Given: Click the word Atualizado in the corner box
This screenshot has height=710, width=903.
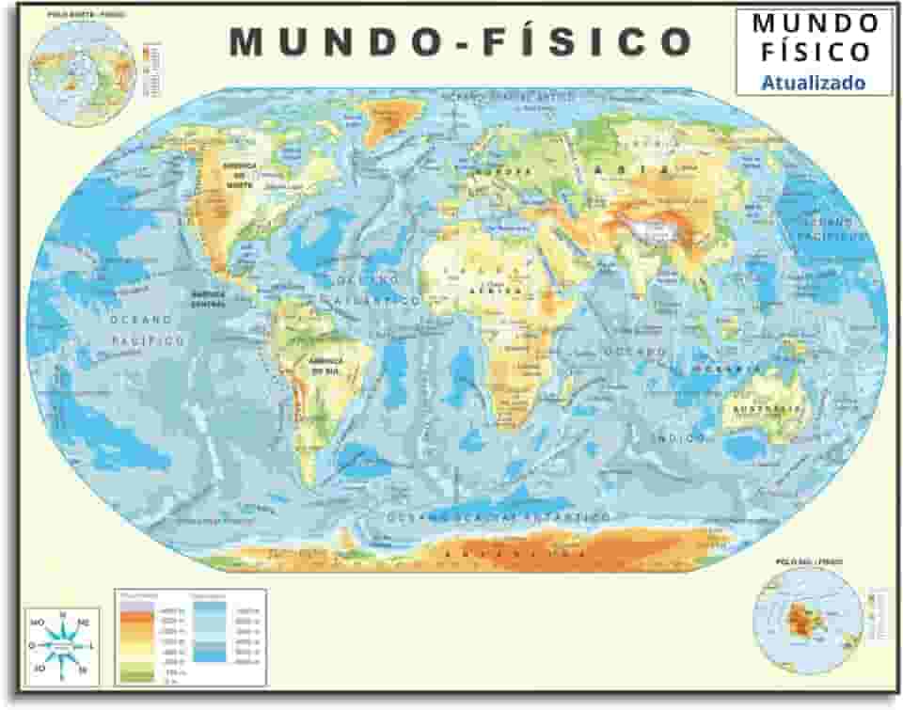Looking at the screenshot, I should tap(813, 83).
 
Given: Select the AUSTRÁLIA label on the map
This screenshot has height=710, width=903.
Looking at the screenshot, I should tap(764, 409).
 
